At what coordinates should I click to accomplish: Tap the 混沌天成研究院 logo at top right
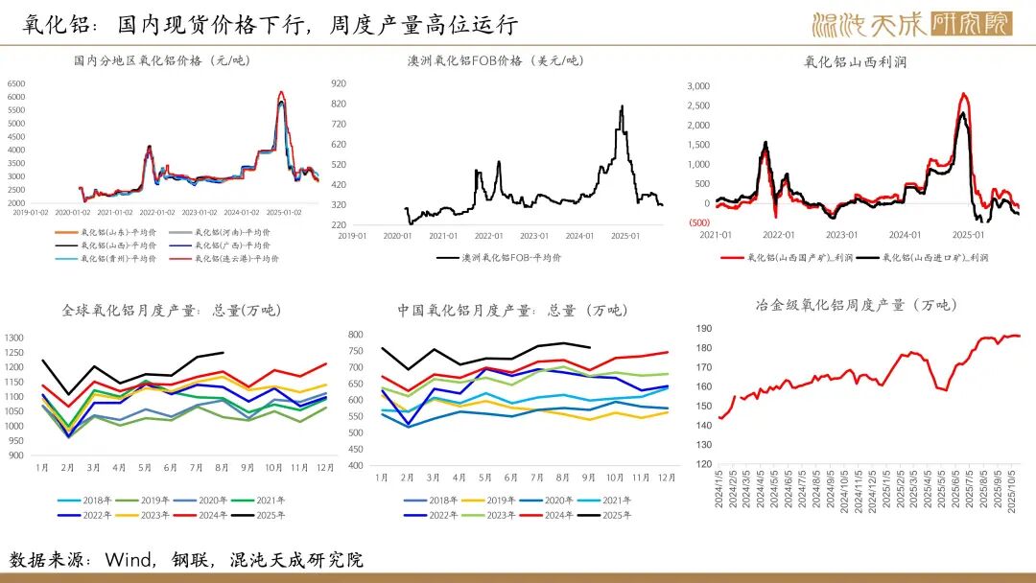pyautogui.click(x=911, y=24)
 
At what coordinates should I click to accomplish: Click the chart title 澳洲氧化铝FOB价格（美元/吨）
pyautogui.click(x=495, y=60)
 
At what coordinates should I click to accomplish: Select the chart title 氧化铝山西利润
pyautogui.click(x=855, y=62)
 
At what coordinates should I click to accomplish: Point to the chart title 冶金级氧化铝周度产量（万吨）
pyautogui.click(x=856, y=305)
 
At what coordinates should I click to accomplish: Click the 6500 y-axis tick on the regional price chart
pyautogui.click(x=15, y=83)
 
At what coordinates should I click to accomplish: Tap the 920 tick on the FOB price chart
pyautogui.click(x=365, y=83)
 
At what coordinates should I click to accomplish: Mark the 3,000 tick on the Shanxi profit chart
pyautogui.click(x=696, y=85)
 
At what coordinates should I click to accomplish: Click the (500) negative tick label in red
pyautogui.click(x=698, y=223)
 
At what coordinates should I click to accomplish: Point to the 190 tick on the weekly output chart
pyautogui.click(x=703, y=328)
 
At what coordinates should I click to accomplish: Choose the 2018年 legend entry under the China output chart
pyautogui.click(x=442, y=501)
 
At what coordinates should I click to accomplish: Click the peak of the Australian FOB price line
pyautogui.click(x=622, y=106)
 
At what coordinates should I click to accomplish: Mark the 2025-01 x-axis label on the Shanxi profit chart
pyautogui.click(x=970, y=235)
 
